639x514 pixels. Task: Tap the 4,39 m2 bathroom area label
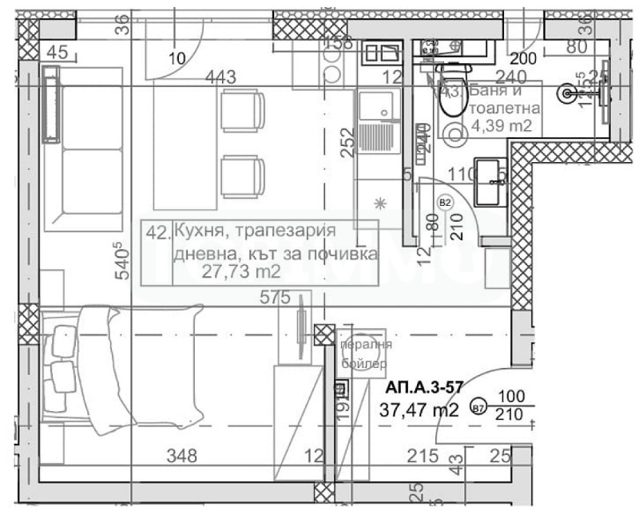click(502, 125)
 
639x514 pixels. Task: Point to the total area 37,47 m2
click(421, 411)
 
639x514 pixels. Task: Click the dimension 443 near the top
click(220, 77)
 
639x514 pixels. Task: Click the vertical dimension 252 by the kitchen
click(346, 144)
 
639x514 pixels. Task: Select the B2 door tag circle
click(446, 203)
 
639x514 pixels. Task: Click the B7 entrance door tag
click(478, 408)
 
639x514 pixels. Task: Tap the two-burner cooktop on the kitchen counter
click(380, 53)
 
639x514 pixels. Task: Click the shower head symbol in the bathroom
click(568, 93)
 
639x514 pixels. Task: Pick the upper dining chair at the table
click(242, 112)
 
